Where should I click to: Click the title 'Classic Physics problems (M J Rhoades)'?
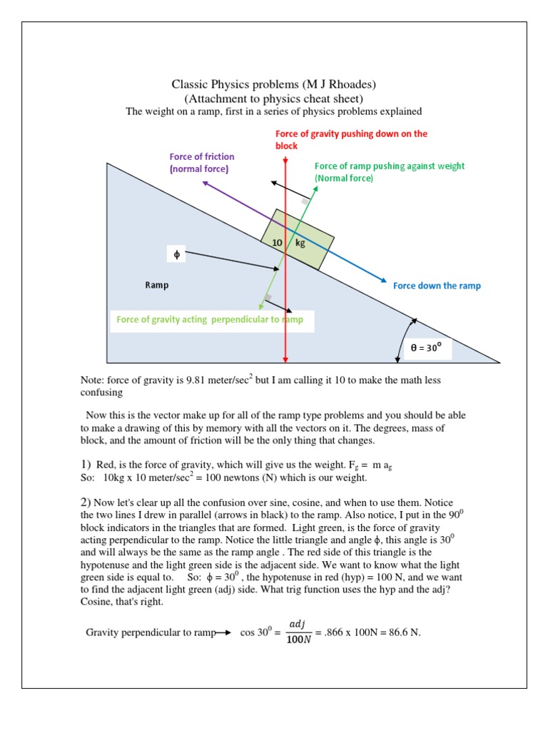tap(273, 85)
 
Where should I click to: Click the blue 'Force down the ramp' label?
tap(437, 286)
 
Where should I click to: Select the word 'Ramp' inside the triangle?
tap(156, 285)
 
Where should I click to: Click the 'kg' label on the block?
tap(300, 243)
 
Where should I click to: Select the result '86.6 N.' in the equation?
tap(403, 632)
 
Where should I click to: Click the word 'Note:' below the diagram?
tap(93, 380)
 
